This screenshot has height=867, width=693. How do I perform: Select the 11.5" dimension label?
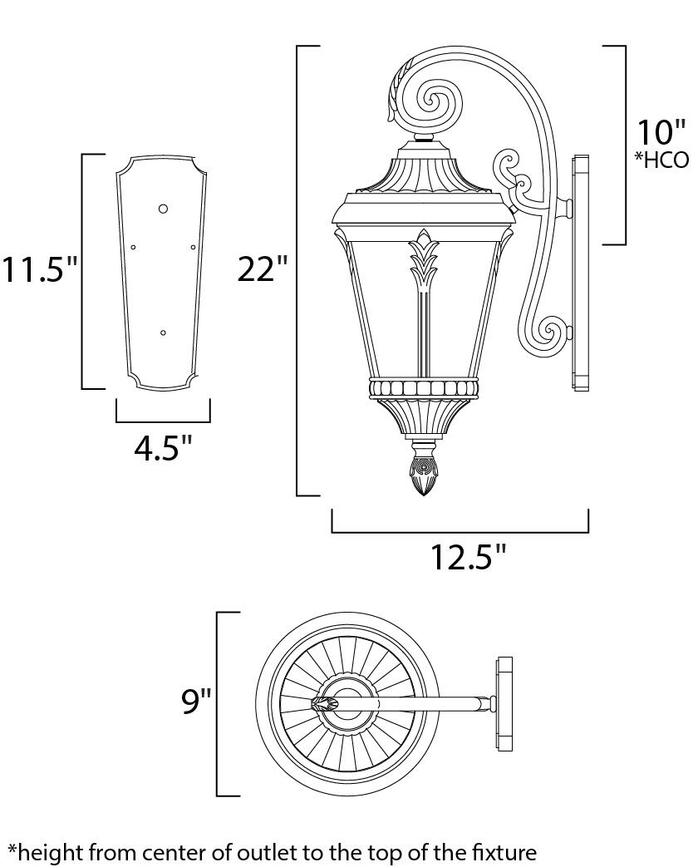(x=39, y=269)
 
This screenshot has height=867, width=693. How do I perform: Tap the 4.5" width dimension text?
(x=163, y=449)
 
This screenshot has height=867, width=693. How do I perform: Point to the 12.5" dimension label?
(x=468, y=556)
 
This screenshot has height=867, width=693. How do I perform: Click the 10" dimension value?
(x=661, y=133)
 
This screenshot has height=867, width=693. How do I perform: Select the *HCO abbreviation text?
(x=662, y=160)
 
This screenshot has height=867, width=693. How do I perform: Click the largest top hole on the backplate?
(x=164, y=208)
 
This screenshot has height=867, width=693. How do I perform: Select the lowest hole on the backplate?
(x=163, y=333)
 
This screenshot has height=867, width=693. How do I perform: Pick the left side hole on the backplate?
(x=133, y=247)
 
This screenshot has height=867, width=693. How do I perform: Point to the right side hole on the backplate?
(x=194, y=247)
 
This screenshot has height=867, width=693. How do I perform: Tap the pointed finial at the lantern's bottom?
(x=424, y=474)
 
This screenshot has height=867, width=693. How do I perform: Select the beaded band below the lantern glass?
(x=424, y=388)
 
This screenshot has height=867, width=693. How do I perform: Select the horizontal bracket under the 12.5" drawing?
(x=460, y=531)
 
